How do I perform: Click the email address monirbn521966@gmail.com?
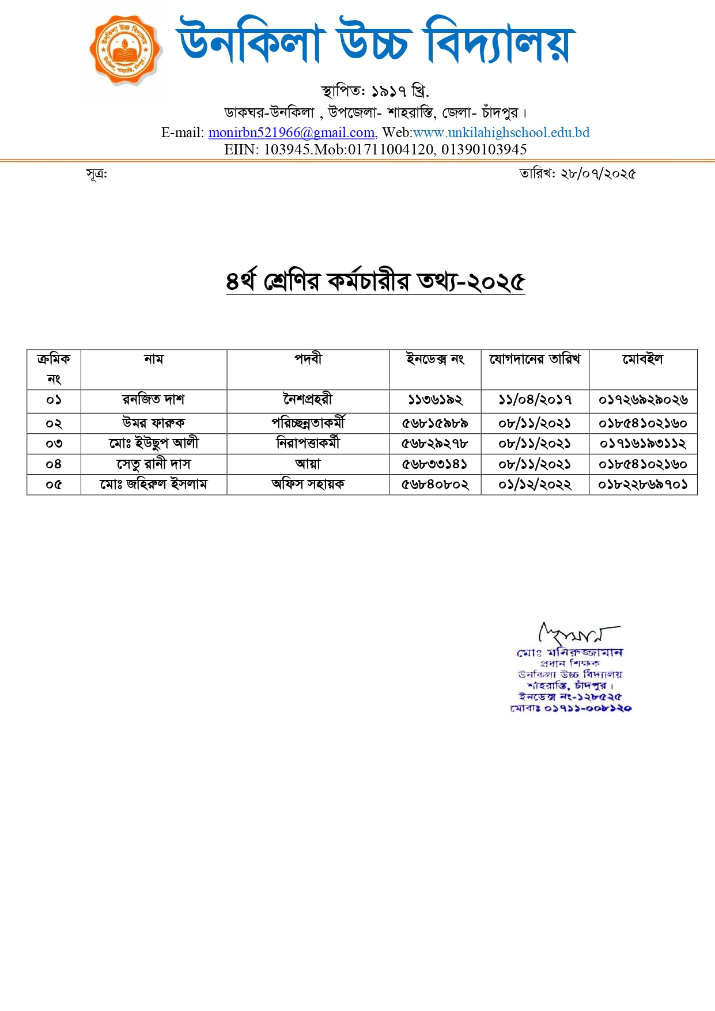coord(291,132)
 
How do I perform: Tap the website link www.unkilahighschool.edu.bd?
coord(501,132)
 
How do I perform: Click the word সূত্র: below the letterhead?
coord(96,173)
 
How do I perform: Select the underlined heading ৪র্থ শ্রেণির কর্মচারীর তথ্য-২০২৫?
coord(375,281)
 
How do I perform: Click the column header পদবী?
coord(308,359)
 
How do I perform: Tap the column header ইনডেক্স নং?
coord(435,359)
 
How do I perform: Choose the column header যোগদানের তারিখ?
coord(535,359)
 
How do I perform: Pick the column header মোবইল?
coord(642,359)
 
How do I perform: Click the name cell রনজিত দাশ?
coord(153,400)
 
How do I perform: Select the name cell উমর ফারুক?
coord(153,423)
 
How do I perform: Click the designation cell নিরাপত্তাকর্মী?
coord(308,444)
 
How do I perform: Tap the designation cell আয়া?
coord(308,464)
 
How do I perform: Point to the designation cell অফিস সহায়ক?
coord(308,484)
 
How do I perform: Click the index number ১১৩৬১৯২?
coord(435,400)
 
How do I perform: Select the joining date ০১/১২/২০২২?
coord(535,484)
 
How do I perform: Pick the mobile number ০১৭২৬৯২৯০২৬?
coord(642,400)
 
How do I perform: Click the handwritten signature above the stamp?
coord(576,634)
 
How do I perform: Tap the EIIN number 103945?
coord(287,150)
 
